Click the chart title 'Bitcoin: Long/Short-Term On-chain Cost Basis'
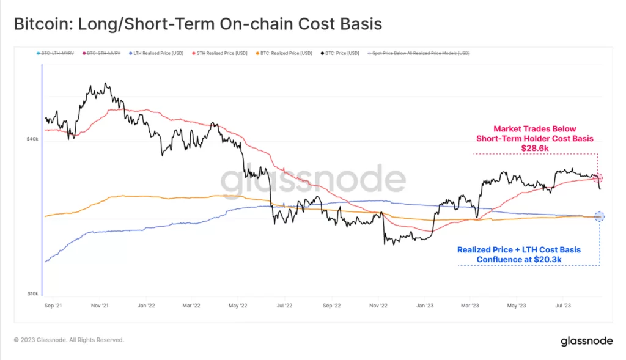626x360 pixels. (197, 24)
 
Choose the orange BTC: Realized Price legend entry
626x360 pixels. (285, 54)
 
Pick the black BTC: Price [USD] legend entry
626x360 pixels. (342, 54)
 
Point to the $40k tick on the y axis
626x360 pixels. (32, 139)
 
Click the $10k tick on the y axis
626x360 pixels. (32, 294)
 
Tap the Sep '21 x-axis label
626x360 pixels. (54, 304)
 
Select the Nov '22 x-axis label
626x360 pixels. (378, 304)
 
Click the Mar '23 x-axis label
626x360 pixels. (470, 304)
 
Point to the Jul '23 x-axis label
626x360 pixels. (562, 304)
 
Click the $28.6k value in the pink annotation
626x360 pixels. (535, 148)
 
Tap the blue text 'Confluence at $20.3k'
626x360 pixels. (519, 259)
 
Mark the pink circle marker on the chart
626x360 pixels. (598, 178)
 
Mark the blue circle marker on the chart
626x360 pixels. (599, 216)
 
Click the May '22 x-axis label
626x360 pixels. (237, 304)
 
